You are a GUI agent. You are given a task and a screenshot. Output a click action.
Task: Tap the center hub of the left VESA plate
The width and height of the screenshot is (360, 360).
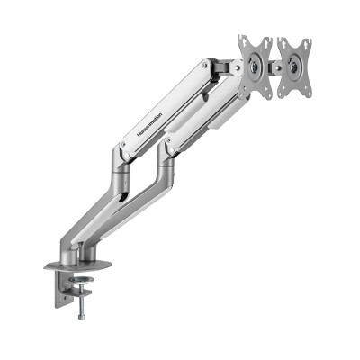[x=255, y=66]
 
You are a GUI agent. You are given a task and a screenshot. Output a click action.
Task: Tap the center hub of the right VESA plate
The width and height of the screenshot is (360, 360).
[x=292, y=67]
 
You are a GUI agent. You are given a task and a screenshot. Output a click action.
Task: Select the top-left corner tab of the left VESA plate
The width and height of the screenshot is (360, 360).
[x=241, y=40]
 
